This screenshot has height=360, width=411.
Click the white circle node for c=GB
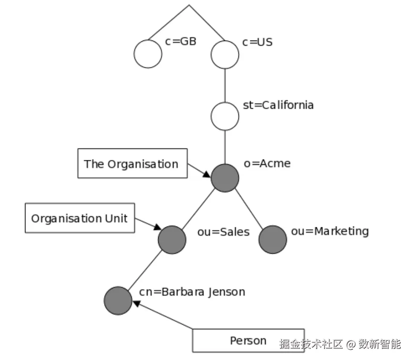[x=148, y=54]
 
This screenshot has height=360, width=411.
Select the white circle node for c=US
[x=225, y=54]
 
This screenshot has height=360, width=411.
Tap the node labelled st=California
[x=225, y=116]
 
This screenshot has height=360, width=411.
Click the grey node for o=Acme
[x=225, y=178]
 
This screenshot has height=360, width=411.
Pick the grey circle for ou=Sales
[x=172, y=240]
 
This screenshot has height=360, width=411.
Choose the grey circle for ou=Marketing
[x=273, y=240]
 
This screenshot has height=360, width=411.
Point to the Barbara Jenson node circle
[x=118, y=301]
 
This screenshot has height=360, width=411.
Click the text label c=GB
[x=181, y=42]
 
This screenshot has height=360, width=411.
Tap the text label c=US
[x=258, y=42]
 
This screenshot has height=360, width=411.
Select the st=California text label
[x=278, y=105]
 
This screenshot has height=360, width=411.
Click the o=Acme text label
[x=267, y=163]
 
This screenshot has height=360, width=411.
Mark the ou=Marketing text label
[x=330, y=231]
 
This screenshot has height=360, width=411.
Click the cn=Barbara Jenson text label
[x=192, y=292]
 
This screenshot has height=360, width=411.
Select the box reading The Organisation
[x=132, y=163]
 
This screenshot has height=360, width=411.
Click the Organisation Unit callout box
[x=80, y=218]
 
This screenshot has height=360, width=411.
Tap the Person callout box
[x=248, y=340]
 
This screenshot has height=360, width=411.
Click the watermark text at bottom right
[x=340, y=344]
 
